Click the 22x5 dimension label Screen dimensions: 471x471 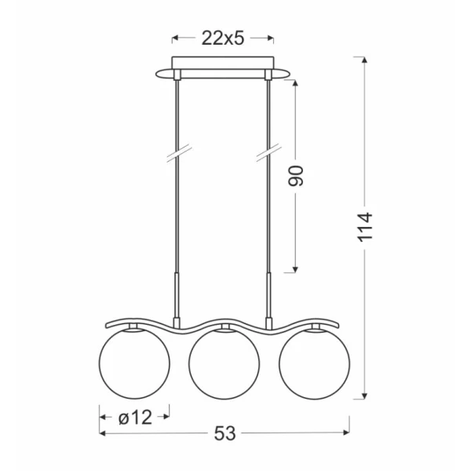[223, 38]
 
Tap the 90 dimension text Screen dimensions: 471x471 [296, 176]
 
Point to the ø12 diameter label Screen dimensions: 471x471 [135, 418]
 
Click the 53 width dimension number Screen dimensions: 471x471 [225, 434]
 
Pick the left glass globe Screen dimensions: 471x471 [134, 363]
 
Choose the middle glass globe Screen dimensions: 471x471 [224, 363]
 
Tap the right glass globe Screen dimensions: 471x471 [314, 363]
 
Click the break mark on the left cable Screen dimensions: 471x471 [179, 154]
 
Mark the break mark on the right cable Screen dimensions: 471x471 [269, 153]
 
